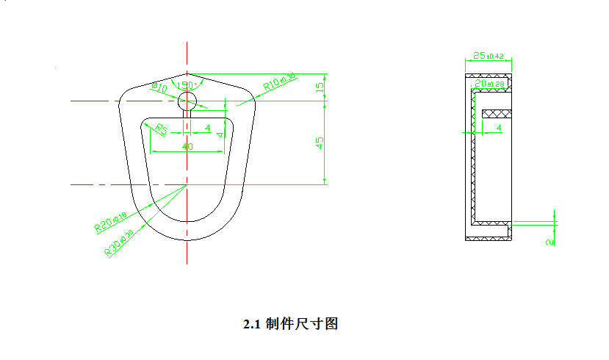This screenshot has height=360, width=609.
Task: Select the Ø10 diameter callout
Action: point(159,88)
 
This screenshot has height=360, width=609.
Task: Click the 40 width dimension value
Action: point(187,147)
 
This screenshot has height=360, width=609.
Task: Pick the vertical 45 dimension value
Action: point(320,143)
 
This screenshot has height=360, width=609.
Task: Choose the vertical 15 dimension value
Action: point(320,87)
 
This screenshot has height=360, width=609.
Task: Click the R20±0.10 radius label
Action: point(110,222)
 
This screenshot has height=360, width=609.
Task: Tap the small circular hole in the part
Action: point(187,100)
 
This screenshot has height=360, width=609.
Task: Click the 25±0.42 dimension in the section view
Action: point(488,56)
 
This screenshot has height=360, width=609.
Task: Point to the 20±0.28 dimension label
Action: point(490,85)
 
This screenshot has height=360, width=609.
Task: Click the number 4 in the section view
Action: point(500,128)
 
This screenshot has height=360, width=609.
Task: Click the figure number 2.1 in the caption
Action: point(253,323)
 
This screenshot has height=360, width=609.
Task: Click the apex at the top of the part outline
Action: point(187,73)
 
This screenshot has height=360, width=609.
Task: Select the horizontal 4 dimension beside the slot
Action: point(208,129)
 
